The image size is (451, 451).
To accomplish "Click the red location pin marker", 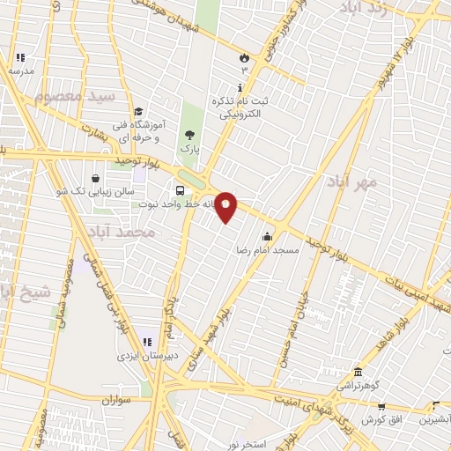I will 226,206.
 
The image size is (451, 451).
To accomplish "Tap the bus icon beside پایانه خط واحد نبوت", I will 180,190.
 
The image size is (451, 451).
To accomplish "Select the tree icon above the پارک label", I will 189,135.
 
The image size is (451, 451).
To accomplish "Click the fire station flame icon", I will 243,56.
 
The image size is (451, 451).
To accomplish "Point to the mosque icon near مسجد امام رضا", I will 267,236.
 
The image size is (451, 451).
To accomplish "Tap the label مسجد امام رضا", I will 267,250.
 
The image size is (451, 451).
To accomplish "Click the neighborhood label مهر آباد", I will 351,181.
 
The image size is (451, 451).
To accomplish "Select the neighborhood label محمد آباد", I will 121,233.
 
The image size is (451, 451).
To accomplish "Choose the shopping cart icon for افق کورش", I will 381,407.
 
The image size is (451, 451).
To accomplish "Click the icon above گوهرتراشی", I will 358,372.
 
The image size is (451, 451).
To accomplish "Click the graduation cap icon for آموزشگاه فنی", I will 138,111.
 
